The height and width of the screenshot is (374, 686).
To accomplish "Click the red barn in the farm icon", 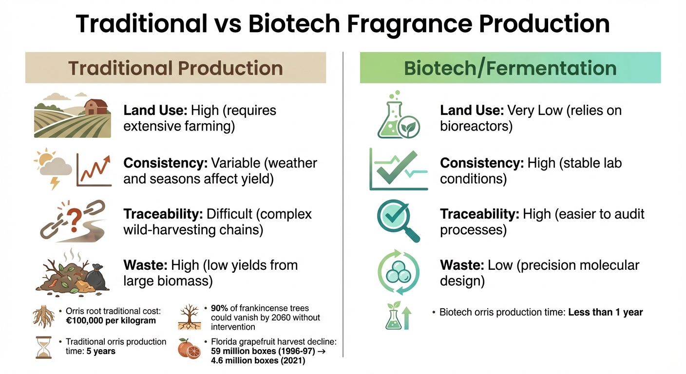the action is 96,107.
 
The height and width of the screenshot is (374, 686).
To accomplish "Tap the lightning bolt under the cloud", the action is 55,183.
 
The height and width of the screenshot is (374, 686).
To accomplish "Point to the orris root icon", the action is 44,317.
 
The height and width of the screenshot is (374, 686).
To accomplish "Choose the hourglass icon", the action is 44,347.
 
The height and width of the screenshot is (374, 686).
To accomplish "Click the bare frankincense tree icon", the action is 190,317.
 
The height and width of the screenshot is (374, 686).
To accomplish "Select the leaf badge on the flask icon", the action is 409,127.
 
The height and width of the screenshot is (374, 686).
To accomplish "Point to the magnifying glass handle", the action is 412,234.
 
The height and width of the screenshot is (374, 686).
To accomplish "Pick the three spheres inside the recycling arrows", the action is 399,272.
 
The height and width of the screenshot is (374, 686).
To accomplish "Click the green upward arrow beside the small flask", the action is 406,318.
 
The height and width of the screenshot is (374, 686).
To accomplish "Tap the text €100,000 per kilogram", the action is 111,321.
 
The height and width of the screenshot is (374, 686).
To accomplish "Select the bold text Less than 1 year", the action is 606,312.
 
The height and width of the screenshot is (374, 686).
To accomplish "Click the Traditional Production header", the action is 175,68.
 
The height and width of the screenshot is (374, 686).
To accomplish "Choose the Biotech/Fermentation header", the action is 510,68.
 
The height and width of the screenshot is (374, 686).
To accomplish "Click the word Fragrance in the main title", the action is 410,24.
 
